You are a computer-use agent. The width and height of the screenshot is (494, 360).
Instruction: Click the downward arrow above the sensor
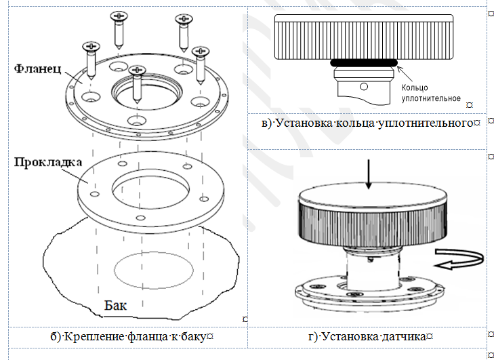click(x=367, y=174)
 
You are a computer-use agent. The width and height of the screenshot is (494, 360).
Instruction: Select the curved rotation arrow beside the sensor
click(x=461, y=258)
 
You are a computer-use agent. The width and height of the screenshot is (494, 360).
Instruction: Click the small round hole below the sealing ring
click(x=364, y=86)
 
